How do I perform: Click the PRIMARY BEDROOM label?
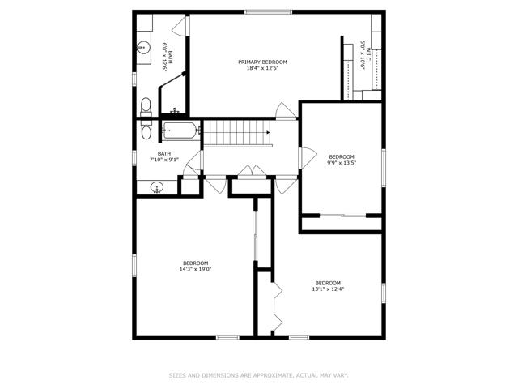(x=262, y=62)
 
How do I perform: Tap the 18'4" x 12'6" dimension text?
(x=262, y=68)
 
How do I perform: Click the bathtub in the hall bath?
(x=180, y=130)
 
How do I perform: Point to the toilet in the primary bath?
(x=146, y=106)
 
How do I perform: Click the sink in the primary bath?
(x=144, y=47)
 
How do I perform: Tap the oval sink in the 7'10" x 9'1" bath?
(x=156, y=188)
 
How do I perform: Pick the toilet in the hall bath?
(x=146, y=130)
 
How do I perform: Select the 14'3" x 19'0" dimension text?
(x=195, y=269)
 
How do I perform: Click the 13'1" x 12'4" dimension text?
(x=328, y=289)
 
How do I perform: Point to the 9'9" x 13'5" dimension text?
(x=342, y=162)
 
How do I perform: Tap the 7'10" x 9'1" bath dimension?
(x=164, y=160)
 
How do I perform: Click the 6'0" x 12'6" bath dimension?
(x=164, y=56)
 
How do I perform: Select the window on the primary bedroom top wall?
(x=268, y=12)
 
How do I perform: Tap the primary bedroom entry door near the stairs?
(x=286, y=110)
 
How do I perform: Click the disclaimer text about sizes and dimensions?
(x=259, y=375)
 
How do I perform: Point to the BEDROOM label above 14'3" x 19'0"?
(x=195, y=263)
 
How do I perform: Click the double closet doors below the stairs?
(x=253, y=172)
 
